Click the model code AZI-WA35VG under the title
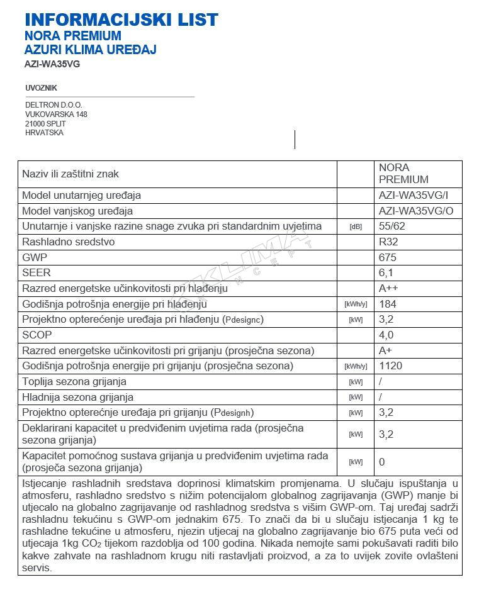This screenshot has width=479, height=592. coord(53,64)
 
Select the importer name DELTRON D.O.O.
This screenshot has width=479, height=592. coord(54,105)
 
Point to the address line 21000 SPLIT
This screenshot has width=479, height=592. coord(45,124)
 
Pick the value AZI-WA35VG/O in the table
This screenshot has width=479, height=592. coord(415,211)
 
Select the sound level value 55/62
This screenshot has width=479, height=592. coord(391,226)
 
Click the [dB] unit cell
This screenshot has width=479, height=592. coord(356,226)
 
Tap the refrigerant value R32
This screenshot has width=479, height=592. coord(388,242)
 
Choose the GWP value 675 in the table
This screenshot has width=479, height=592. coord(388,257)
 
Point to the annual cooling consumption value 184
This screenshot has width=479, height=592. coord(388,304)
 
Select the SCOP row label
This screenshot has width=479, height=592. coord(37,335)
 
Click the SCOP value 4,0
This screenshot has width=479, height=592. coord(386,335)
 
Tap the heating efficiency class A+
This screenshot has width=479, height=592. coord(386,350)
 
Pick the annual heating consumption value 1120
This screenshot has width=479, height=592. coord(390,366)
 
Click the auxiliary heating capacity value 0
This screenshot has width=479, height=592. coord(382,462)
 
